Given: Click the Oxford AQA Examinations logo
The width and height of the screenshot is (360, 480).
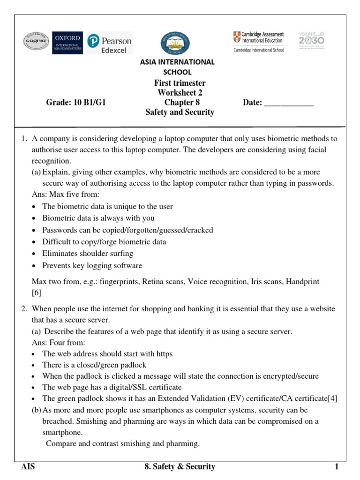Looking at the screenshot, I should pos(67,43).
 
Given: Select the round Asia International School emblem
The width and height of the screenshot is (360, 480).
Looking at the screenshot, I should pos(175,43).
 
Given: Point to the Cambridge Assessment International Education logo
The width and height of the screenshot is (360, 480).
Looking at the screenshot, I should pos(258,42).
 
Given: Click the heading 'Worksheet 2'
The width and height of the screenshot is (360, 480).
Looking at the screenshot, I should pos(180,93).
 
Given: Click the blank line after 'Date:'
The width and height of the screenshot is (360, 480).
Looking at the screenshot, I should pos(289,103).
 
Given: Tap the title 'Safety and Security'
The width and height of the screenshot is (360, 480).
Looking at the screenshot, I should pos(180,112).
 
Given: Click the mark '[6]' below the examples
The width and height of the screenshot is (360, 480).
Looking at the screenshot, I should pos(37,293).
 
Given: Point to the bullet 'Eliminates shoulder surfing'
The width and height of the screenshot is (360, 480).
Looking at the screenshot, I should pos(88,254).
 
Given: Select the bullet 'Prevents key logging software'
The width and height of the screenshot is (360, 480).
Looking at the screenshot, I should pos(92,266).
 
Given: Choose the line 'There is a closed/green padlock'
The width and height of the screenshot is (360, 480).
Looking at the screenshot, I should pos(94,365).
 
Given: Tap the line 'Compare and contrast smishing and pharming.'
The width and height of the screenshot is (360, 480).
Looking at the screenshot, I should pos(122,443).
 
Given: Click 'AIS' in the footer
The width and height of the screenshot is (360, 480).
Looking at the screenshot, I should pos(28,467).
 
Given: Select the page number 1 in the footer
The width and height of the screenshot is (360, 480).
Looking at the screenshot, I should pos(336,467).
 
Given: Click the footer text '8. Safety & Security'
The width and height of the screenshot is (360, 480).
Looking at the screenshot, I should pos(180,467).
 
